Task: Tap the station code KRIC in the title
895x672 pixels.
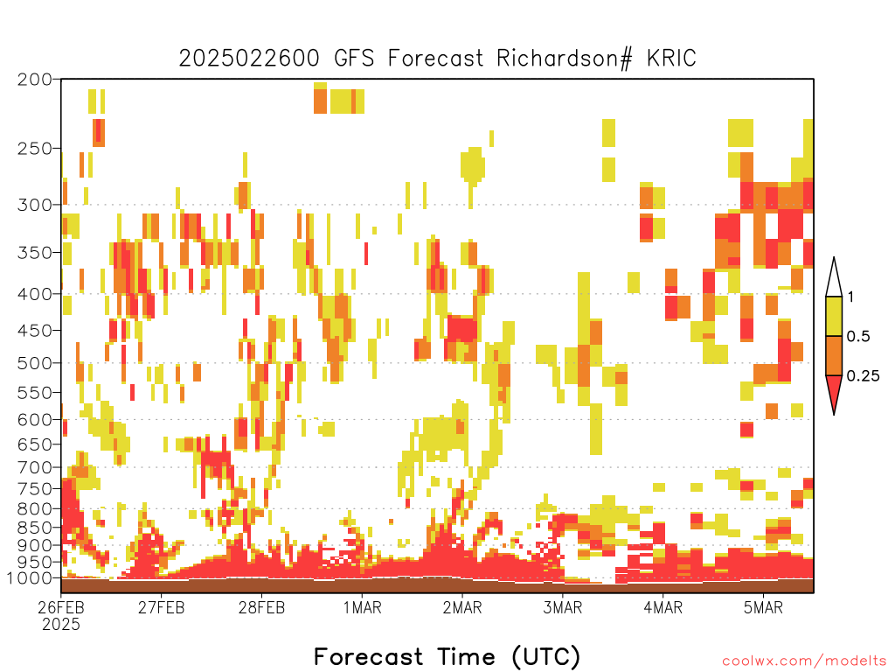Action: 671,59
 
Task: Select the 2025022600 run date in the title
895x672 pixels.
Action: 249,59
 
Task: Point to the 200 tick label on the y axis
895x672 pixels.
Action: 34,80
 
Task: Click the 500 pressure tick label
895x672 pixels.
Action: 34,363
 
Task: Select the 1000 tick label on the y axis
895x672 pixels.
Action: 29,578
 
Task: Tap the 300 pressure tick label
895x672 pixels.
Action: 34,205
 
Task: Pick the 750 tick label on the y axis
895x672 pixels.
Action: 34,489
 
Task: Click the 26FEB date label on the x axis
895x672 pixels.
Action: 61,607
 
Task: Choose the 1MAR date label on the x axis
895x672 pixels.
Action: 362,607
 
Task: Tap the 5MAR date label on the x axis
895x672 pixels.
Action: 763,607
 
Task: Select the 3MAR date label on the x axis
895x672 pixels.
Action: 562,607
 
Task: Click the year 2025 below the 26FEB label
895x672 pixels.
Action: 61,625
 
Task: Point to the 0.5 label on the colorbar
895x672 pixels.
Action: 858,337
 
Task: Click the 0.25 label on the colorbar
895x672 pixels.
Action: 863,376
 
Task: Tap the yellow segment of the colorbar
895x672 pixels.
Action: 834,316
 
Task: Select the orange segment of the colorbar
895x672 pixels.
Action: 834,355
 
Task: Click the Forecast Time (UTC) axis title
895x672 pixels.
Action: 447,657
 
